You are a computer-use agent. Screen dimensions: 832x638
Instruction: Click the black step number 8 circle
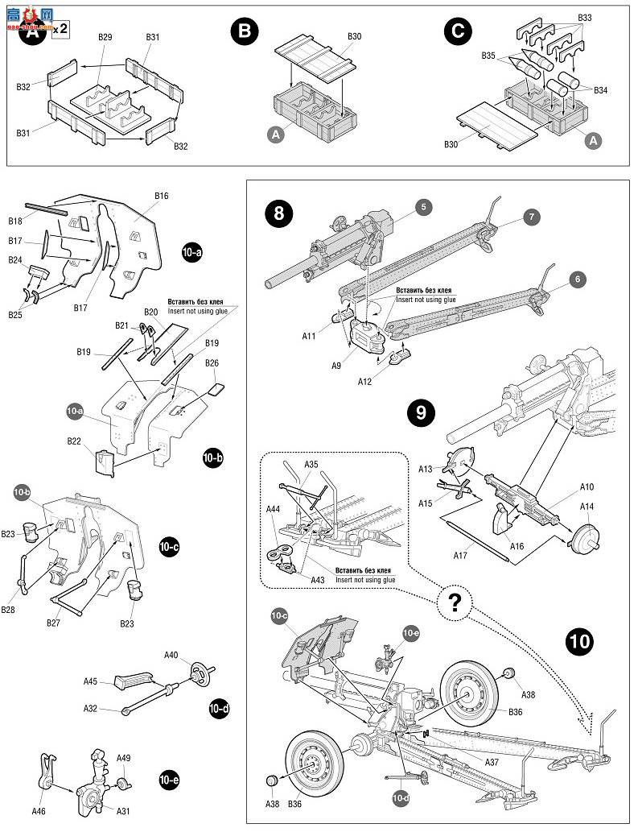279,213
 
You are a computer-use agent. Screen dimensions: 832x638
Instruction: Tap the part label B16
161,196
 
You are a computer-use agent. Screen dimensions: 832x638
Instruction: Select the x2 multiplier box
60,28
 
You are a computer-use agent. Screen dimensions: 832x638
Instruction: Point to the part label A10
587,487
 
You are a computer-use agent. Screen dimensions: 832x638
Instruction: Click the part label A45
90,681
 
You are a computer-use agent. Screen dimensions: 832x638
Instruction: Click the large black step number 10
580,642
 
